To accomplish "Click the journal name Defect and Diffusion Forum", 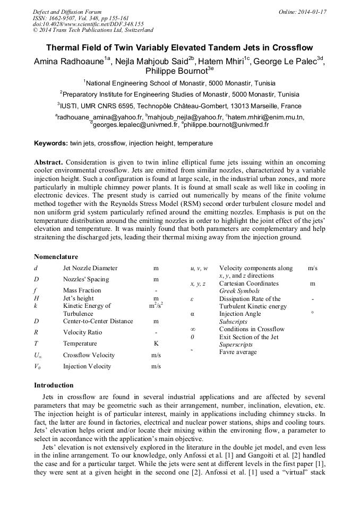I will click(x=67, y=12).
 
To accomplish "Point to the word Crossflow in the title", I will click(x=292, y=47).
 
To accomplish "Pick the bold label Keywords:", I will click(x=51, y=143).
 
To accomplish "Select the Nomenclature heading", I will click(x=56, y=257).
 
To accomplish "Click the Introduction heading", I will click(x=54, y=385).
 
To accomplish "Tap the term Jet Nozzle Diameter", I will click(x=90, y=268).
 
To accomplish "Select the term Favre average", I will click(x=238, y=352).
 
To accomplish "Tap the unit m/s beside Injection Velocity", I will click(x=156, y=366).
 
